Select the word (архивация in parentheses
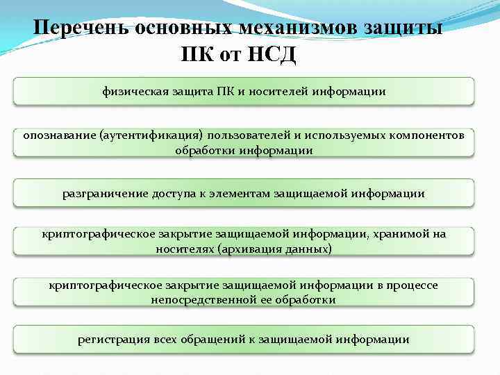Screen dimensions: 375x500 tap(248, 247)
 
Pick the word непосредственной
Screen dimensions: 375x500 tap(200, 299)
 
